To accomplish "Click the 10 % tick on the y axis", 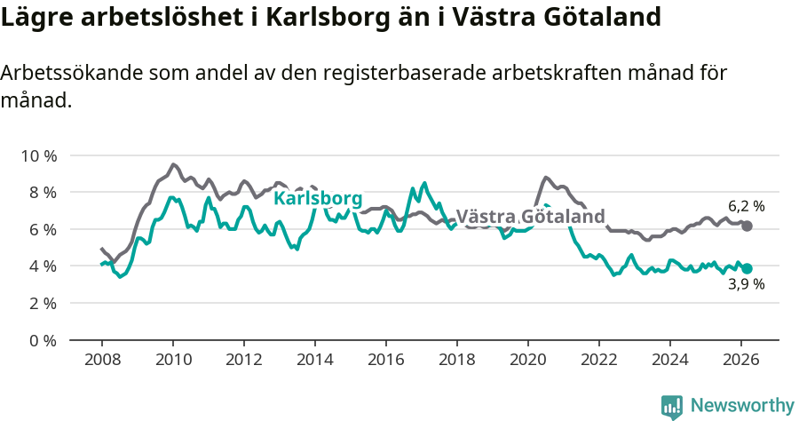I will pyautogui.click(x=38, y=155).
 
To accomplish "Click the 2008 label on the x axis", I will pyautogui.click(x=102, y=359).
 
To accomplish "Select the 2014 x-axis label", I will pyautogui.click(x=315, y=359).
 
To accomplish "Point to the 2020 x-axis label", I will pyautogui.click(x=528, y=359).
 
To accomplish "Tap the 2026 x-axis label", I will pyautogui.click(x=741, y=359).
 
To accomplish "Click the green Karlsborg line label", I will pyautogui.click(x=317, y=198).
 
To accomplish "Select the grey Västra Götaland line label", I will pyautogui.click(x=530, y=216).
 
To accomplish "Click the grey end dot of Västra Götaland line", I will pyautogui.click(x=747, y=226).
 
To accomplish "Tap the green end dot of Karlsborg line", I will pyautogui.click(x=747, y=268).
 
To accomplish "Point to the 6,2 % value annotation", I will pyautogui.click(x=746, y=207).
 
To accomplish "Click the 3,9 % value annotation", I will pyautogui.click(x=746, y=285).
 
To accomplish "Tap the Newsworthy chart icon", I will pyautogui.click(x=672, y=407).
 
